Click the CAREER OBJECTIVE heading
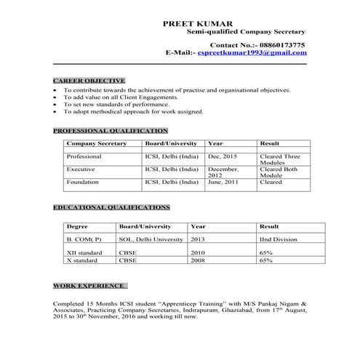pos(89,80)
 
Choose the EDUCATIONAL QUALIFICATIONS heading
pos(111,207)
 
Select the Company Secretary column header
pos(96,144)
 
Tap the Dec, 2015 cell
pos(222,156)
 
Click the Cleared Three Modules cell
pos(279,160)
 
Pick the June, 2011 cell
pos(223,183)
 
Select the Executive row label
pos(81,169)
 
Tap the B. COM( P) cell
pos(84,239)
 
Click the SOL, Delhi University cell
pos(151,239)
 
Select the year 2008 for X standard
pos(198,260)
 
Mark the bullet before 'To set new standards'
pos(56,105)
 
